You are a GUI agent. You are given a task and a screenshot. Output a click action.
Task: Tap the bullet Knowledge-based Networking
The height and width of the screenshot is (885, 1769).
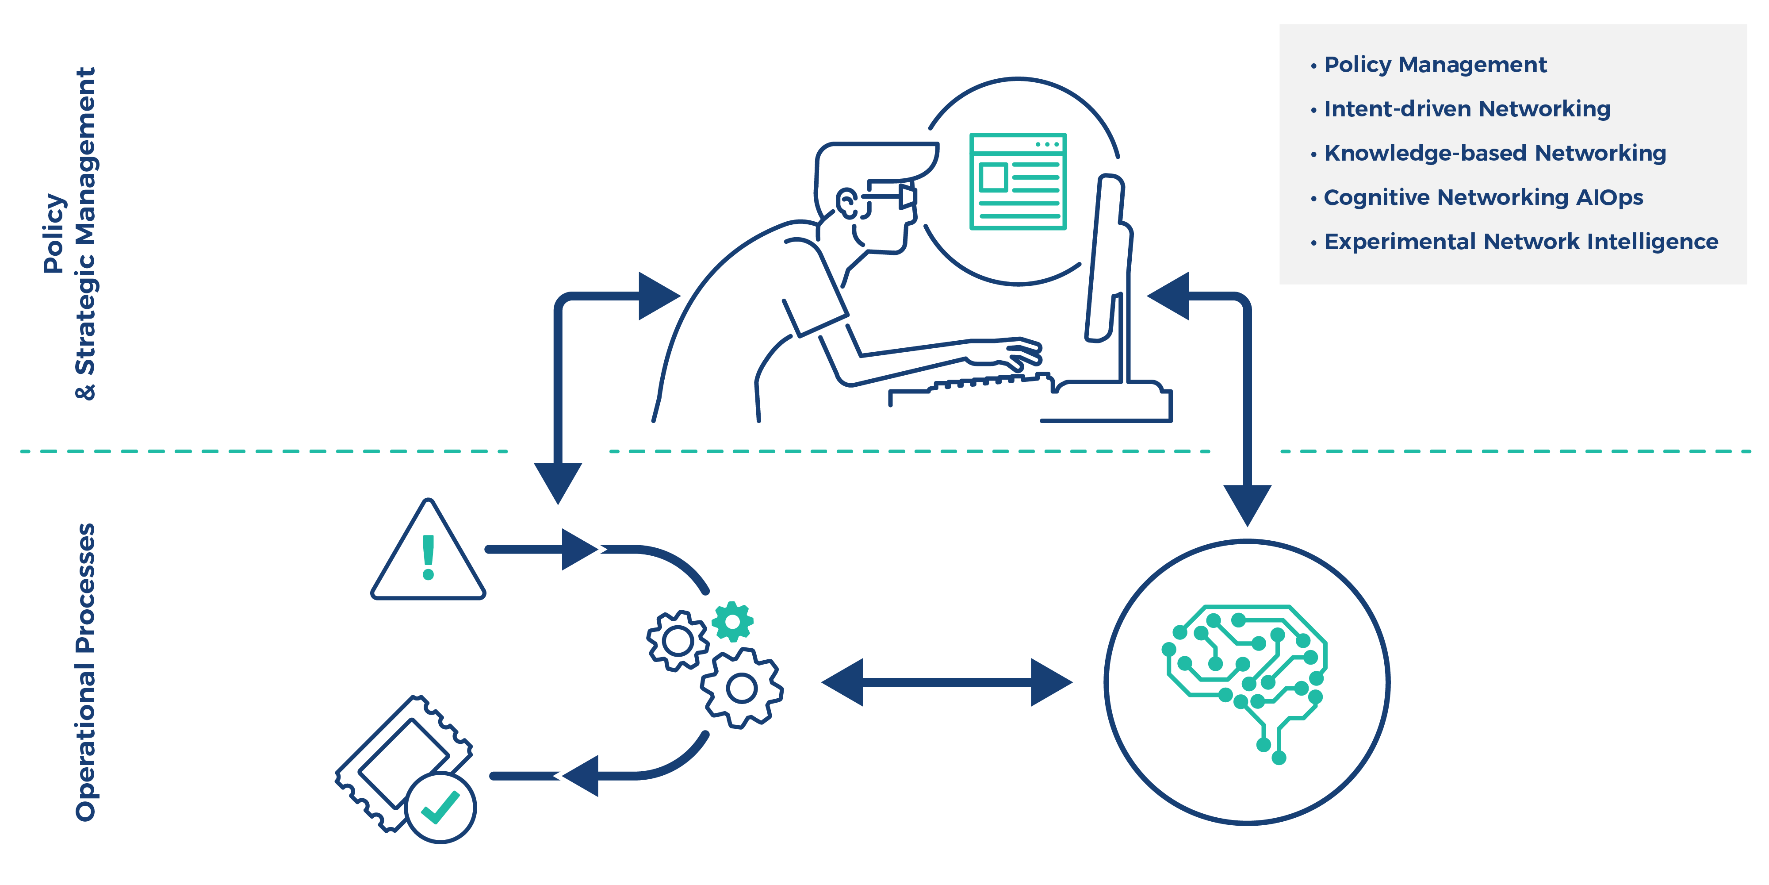[x=1494, y=153]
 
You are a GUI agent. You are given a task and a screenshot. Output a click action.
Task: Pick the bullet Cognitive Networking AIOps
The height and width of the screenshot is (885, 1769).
[x=1483, y=197]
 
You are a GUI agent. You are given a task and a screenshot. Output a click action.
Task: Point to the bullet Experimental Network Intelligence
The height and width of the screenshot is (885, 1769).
[x=1520, y=242]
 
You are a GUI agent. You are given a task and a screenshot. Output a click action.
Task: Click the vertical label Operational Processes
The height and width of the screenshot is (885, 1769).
[x=85, y=672]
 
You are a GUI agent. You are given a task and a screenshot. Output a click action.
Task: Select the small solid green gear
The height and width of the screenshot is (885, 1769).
[x=732, y=621]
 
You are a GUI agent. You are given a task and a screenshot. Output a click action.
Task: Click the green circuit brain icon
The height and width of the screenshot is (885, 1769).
[x=1246, y=677]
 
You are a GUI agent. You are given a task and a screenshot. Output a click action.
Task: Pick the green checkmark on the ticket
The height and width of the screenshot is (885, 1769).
[x=440, y=808]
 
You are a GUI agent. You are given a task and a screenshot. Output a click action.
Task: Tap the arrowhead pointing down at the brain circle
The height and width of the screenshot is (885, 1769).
[x=1247, y=503]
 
